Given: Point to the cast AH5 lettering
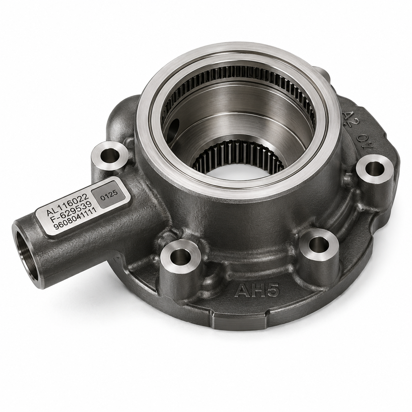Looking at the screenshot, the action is click(257, 290).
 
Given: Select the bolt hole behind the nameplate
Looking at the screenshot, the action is click(110, 154).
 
